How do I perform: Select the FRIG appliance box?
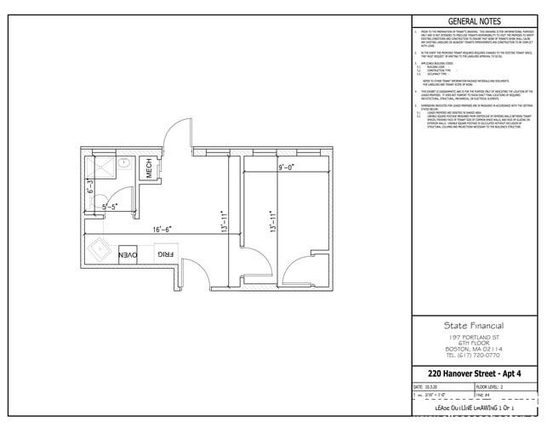(x=164, y=254)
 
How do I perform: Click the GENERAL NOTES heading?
(x=474, y=21)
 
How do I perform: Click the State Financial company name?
(x=474, y=325)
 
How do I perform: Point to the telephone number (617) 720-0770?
(x=474, y=356)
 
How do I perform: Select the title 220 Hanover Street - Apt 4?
(x=474, y=373)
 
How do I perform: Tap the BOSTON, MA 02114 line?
(x=474, y=349)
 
